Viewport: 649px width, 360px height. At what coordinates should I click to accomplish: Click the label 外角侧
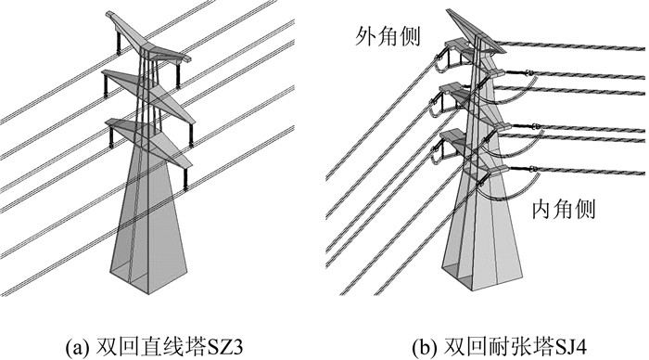click(x=388, y=36)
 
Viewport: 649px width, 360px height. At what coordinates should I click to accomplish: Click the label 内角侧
click(x=564, y=209)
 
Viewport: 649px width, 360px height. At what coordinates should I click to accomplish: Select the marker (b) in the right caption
click(x=425, y=347)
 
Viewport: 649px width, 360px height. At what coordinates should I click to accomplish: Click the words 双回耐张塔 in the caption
click(x=498, y=347)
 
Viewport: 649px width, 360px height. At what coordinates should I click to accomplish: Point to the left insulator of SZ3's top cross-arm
click(x=119, y=42)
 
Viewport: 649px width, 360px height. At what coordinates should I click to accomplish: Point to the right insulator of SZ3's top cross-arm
click(x=178, y=75)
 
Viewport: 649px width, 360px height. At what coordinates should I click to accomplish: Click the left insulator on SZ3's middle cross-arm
click(x=107, y=86)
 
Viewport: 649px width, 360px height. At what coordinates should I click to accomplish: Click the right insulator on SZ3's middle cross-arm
click(x=191, y=135)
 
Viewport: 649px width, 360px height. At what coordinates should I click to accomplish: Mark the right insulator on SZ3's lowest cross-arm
click(x=185, y=178)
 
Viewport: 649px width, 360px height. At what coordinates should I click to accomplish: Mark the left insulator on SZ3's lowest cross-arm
click(x=111, y=136)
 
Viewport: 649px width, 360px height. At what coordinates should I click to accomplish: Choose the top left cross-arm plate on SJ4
click(x=456, y=44)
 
